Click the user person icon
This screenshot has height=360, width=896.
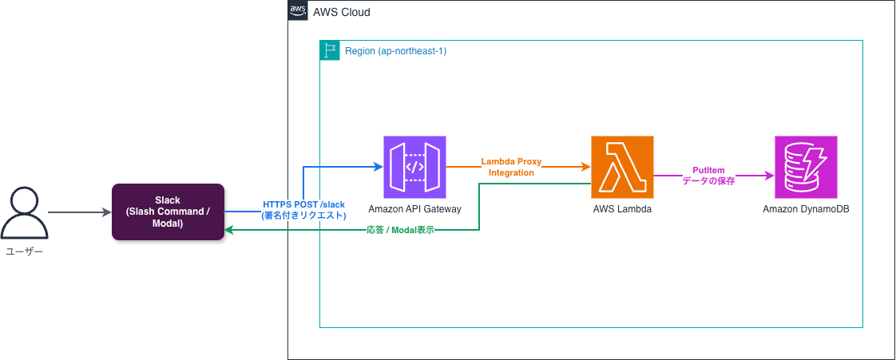24,212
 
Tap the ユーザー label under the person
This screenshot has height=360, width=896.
24,251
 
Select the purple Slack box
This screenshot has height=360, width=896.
168,212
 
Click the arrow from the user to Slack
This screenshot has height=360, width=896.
79,212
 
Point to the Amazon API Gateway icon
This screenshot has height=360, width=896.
414,167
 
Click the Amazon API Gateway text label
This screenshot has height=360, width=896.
414,208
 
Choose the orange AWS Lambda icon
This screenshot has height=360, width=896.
622,167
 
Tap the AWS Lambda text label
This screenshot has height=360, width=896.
622,208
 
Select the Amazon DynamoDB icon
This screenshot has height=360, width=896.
806,167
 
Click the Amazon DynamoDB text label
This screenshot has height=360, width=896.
806,208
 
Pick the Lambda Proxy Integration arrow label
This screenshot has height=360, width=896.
511,167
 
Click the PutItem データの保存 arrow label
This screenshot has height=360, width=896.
708,176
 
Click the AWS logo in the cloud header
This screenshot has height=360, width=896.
297,11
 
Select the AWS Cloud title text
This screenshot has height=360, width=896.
342,13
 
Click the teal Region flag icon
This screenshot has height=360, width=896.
329,50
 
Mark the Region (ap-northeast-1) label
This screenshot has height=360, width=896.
395,51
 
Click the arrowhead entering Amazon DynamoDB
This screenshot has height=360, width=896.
769,175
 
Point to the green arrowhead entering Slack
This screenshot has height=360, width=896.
229,230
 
